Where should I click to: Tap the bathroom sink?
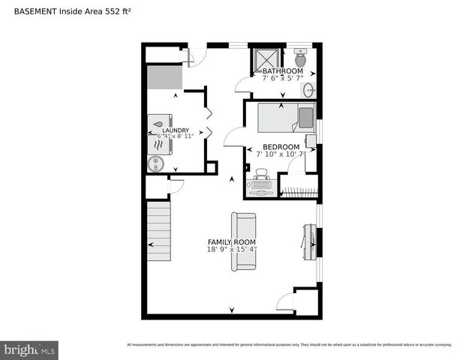tap(308, 90)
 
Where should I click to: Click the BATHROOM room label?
tap(282, 71)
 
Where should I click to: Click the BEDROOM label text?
tap(281, 147)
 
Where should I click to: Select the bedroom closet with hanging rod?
tap(299, 187)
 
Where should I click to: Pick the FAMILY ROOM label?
tap(232, 242)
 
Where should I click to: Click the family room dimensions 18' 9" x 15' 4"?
tap(232, 250)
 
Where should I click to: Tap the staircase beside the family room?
tap(159, 228)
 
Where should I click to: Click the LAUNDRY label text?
tap(176, 130)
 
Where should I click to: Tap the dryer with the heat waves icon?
tap(159, 144)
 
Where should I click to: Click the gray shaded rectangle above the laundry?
tap(165, 77)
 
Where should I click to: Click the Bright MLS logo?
tap(30, 349)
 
